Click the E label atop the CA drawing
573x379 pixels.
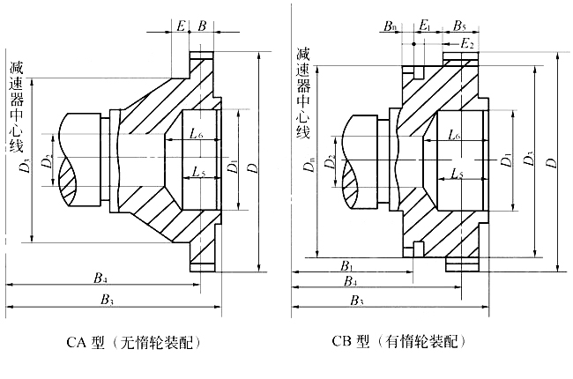click(x=180, y=26)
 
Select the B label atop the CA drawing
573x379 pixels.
click(x=202, y=26)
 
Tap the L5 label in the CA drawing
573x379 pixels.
click(x=197, y=172)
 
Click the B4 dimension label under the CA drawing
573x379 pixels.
click(x=100, y=279)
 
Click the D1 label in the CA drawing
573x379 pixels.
click(x=231, y=165)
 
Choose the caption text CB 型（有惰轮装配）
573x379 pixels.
click(x=396, y=340)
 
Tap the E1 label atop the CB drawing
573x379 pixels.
click(x=425, y=26)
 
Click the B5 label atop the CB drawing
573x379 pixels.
click(x=460, y=26)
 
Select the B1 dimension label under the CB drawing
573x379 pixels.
click(x=346, y=264)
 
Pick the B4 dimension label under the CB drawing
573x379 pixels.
click(x=351, y=281)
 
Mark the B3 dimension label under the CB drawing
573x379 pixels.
click(x=358, y=301)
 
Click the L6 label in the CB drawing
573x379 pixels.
click(x=455, y=134)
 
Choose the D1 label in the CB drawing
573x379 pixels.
click(x=506, y=160)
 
